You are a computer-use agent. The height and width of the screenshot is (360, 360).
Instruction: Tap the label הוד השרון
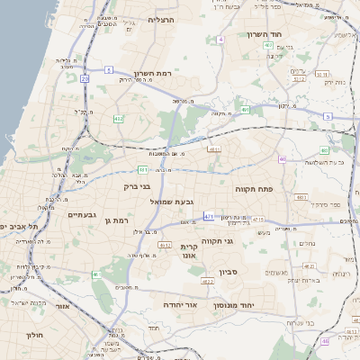pos(265,34)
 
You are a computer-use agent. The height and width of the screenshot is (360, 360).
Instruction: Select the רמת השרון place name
pos(152,73)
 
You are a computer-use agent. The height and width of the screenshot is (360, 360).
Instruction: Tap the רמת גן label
pos(117,220)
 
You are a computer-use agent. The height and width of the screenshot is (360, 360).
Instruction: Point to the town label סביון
pos(228,271)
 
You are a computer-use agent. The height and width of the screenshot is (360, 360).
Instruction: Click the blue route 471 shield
pos(209,216)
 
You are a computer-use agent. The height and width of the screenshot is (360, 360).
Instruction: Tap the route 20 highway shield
pos(85,78)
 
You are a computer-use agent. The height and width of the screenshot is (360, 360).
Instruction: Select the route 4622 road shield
pos(208,282)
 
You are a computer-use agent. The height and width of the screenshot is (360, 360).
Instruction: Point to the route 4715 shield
pos(259,219)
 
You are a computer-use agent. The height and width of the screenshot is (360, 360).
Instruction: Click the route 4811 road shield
pos(165,244)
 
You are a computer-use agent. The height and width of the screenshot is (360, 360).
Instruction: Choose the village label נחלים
pos(307,243)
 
